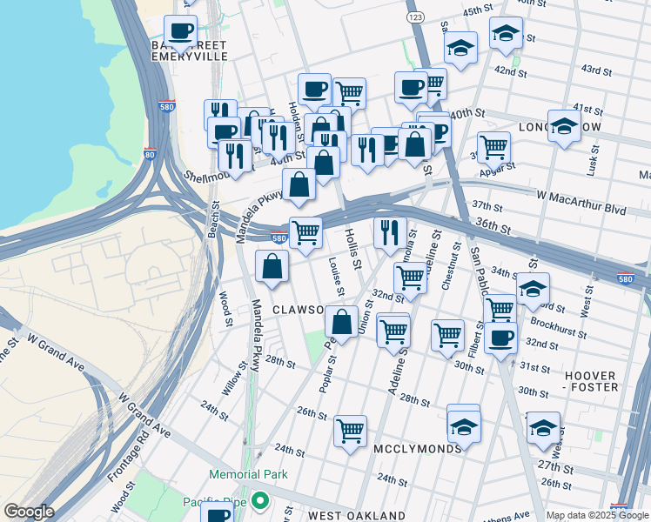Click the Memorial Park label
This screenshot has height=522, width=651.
point(247,474)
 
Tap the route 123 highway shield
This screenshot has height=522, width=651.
point(415,17)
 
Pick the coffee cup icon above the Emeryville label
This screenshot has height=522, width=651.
point(181,31)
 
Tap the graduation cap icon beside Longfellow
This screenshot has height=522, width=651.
point(564,126)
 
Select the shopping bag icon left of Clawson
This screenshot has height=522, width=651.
point(272,266)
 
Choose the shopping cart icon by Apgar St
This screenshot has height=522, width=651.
point(494,147)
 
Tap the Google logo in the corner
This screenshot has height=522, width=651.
point(29,512)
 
